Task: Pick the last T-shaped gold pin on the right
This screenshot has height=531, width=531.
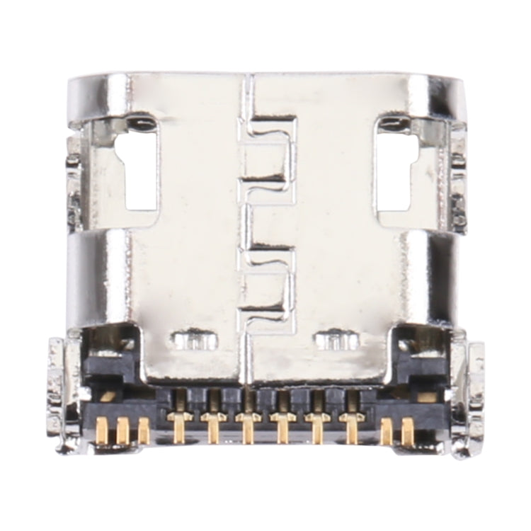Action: [x=352, y=428]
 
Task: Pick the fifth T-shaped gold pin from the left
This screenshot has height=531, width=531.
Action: [x=316, y=428]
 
